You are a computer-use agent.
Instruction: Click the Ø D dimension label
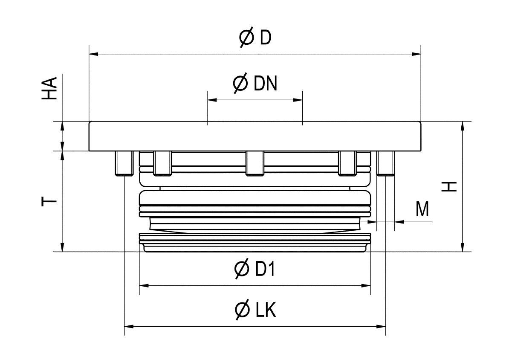[255, 38]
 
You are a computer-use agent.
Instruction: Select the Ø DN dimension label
[255, 84]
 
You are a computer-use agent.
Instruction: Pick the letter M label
[422, 209]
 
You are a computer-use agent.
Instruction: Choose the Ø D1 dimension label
[255, 269]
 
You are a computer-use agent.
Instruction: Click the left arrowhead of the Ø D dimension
[93, 54]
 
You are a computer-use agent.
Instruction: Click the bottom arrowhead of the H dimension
[463, 247]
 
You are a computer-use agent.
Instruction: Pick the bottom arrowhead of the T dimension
[63, 247]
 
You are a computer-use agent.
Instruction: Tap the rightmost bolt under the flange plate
[386, 164]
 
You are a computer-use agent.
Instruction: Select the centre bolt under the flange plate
[255, 164]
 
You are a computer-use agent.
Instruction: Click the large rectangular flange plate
[255, 136]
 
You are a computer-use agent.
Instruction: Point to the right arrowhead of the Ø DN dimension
[298, 100]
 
